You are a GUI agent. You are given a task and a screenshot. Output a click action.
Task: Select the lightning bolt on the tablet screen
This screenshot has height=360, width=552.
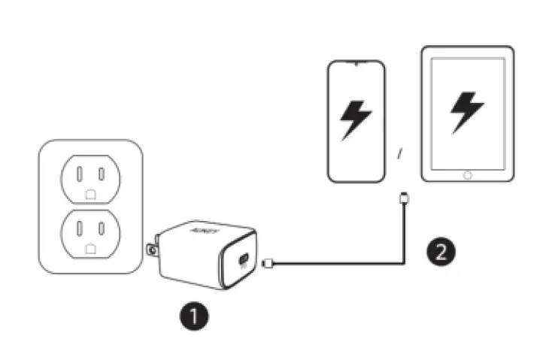point(466,112)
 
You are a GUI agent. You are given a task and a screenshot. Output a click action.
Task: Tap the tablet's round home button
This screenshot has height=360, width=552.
point(467,174)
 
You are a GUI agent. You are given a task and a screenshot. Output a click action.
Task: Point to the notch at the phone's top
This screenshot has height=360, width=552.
point(356,63)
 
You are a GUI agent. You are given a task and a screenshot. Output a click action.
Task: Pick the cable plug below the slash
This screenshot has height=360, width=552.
point(403,199)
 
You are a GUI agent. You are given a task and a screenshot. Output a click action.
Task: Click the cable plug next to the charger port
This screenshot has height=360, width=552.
point(272,262)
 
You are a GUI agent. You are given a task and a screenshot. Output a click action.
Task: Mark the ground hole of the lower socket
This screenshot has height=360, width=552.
point(89,247)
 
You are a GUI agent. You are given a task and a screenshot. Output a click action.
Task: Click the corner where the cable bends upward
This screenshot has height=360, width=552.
point(403,262)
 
